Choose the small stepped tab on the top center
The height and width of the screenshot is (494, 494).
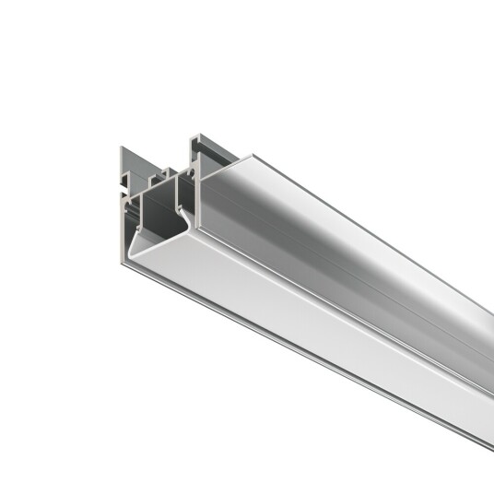[x=167, y=172]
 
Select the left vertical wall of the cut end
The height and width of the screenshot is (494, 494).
[x=131, y=230]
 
